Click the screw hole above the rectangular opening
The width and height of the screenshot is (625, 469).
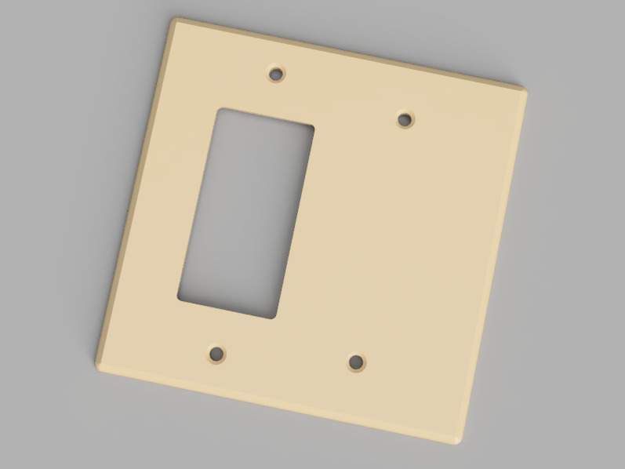(x=276, y=75)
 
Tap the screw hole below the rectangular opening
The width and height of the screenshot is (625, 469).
(x=216, y=354)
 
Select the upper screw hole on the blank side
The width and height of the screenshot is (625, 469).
(x=405, y=120)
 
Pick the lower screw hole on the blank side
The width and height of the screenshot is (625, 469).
(x=357, y=362)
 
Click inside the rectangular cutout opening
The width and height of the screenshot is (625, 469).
(x=246, y=212)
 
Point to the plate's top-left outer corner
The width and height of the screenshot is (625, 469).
(x=174, y=20)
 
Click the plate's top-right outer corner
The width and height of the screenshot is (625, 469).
(x=525, y=87)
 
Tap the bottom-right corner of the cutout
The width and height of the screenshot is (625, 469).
(x=275, y=318)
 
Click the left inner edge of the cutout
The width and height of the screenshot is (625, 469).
(x=199, y=204)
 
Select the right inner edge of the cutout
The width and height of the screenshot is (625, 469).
(x=295, y=222)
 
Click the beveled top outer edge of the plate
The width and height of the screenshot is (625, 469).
(x=349, y=52)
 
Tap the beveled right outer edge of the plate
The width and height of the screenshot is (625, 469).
(x=494, y=263)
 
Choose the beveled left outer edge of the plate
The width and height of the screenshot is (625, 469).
(x=135, y=192)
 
